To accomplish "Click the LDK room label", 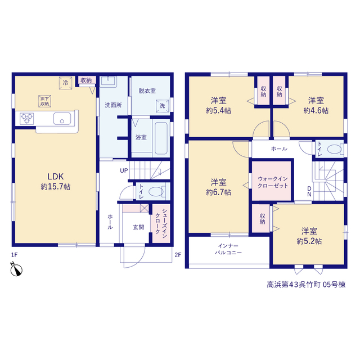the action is pos(55,176).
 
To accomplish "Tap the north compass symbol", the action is pos(16,269).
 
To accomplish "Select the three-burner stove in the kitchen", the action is pos(27,119).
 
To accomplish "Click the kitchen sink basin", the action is pos(62,119).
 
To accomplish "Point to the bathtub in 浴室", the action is pos(161,138).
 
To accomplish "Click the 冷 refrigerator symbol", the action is pos(66,83).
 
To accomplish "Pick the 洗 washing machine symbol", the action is pos(163,106).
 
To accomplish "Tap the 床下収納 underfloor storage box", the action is pos(44,101).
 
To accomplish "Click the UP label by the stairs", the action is pos(124,170).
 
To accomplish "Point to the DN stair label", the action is pos(309,191).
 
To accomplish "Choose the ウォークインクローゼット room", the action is pos(272,181).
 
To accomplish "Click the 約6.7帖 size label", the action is pos(218,192).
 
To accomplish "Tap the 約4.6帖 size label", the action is pos(316,111).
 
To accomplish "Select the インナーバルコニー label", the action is pos(228,249).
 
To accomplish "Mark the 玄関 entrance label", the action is pos(138,227).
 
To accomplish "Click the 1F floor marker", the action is pos(14,255).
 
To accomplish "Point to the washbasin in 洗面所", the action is pos(109,82).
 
